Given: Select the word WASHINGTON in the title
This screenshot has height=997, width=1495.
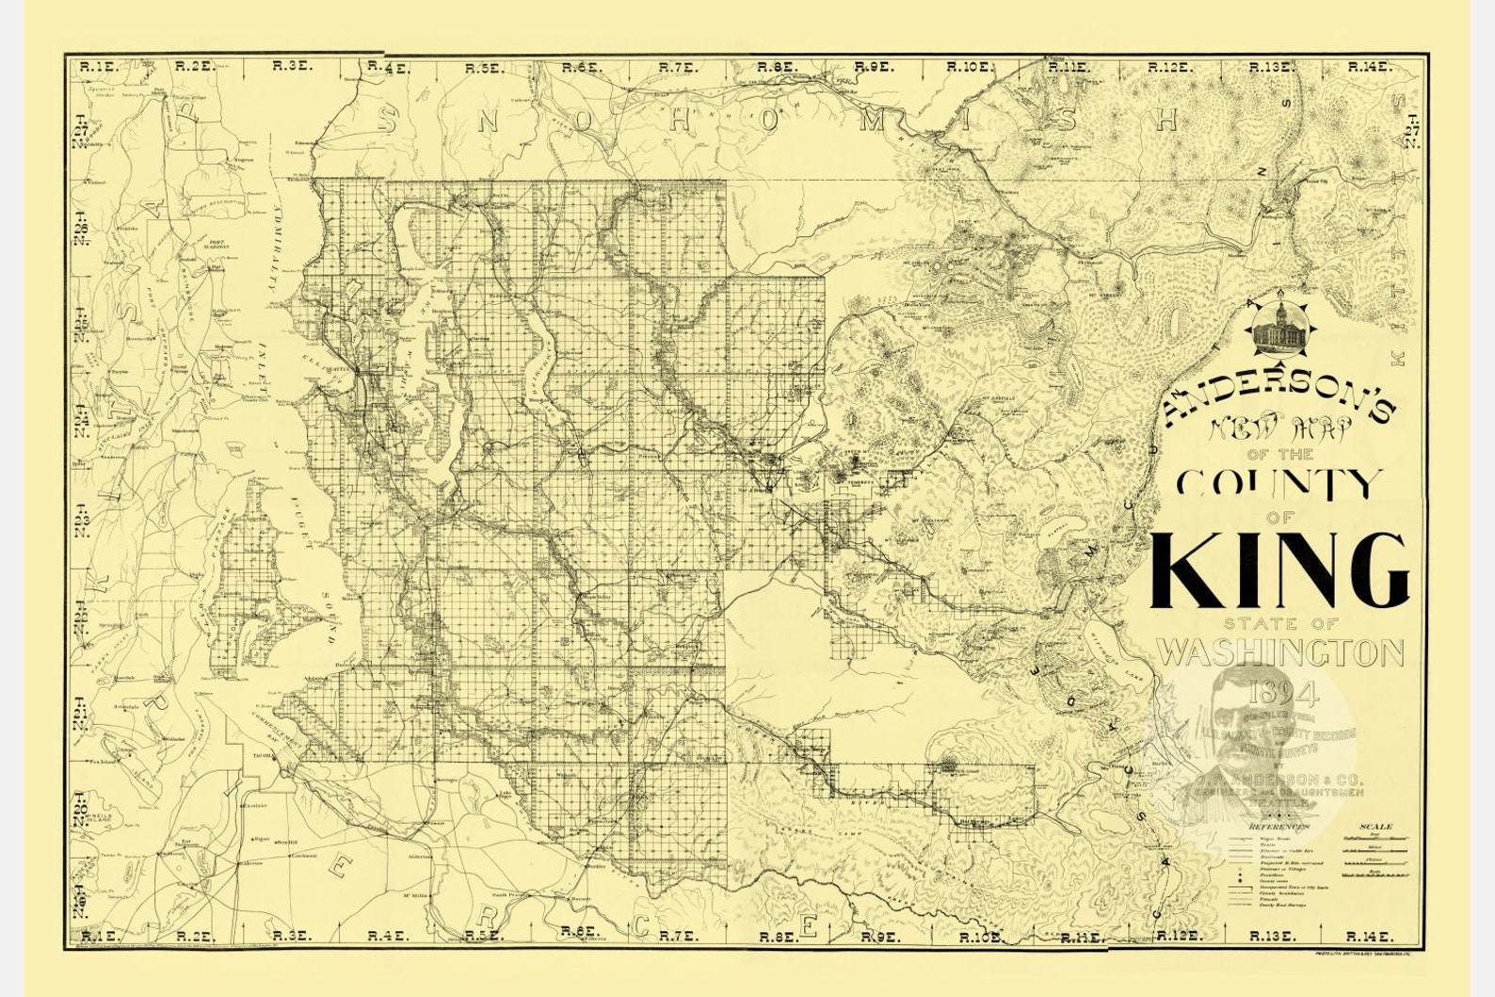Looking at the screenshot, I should point(1280,651).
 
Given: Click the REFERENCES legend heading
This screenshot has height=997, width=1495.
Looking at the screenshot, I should point(1278,827).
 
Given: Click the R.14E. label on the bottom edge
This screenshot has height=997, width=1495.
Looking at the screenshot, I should point(1367,936).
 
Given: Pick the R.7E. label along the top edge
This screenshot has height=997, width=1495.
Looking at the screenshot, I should point(677,67).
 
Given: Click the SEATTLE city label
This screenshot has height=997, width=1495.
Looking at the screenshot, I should point(335,370).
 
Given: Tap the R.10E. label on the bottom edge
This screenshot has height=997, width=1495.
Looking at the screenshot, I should point(976,937).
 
